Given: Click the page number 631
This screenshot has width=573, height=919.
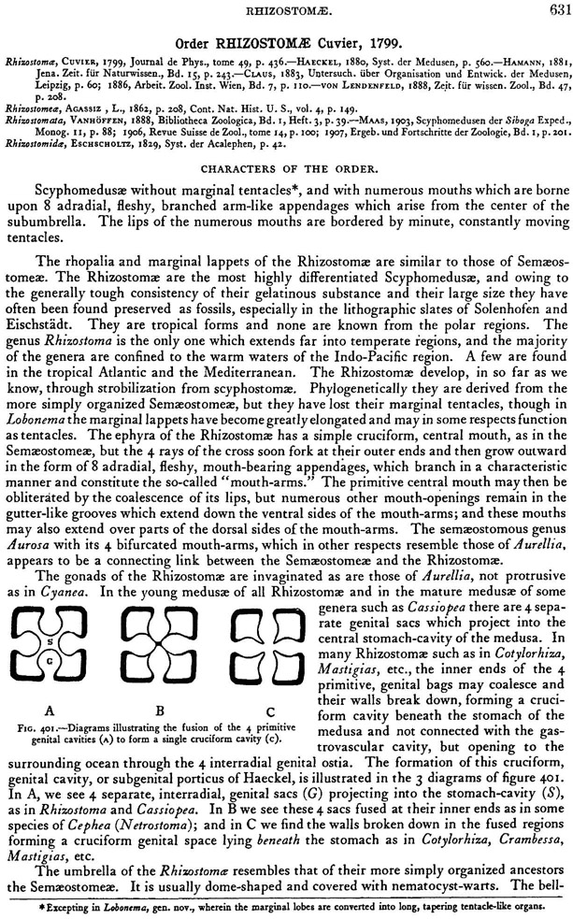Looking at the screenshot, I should pos(554,9).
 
